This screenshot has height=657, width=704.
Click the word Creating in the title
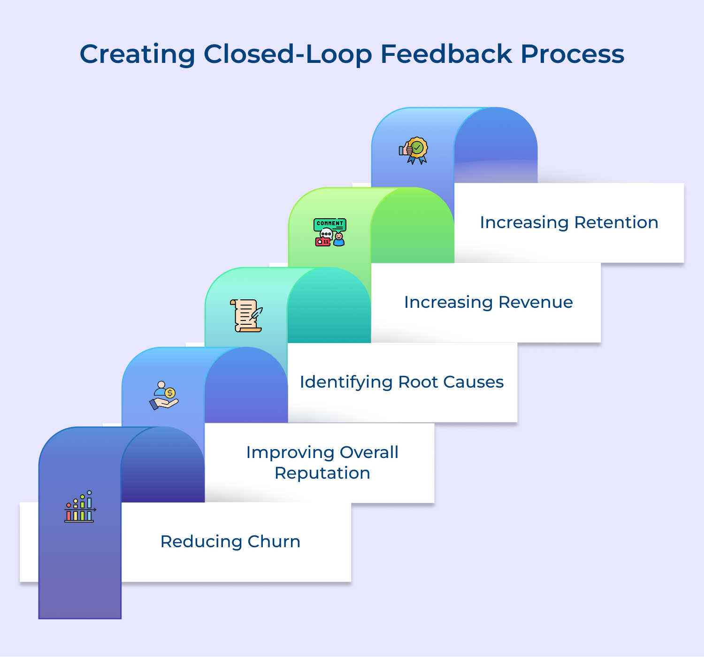click(x=137, y=54)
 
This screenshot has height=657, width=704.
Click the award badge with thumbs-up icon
click(x=413, y=150)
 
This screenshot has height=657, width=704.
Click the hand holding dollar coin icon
click(x=163, y=395)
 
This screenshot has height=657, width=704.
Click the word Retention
click(x=616, y=222)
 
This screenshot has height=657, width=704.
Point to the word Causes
click(x=474, y=382)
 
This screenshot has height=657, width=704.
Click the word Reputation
click(x=322, y=473)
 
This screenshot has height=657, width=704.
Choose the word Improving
click(x=290, y=453)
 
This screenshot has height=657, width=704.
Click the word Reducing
click(x=201, y=542)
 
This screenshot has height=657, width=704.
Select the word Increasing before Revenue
click(x=448, y=303)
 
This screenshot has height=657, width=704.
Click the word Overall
click(x=369, y=452)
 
